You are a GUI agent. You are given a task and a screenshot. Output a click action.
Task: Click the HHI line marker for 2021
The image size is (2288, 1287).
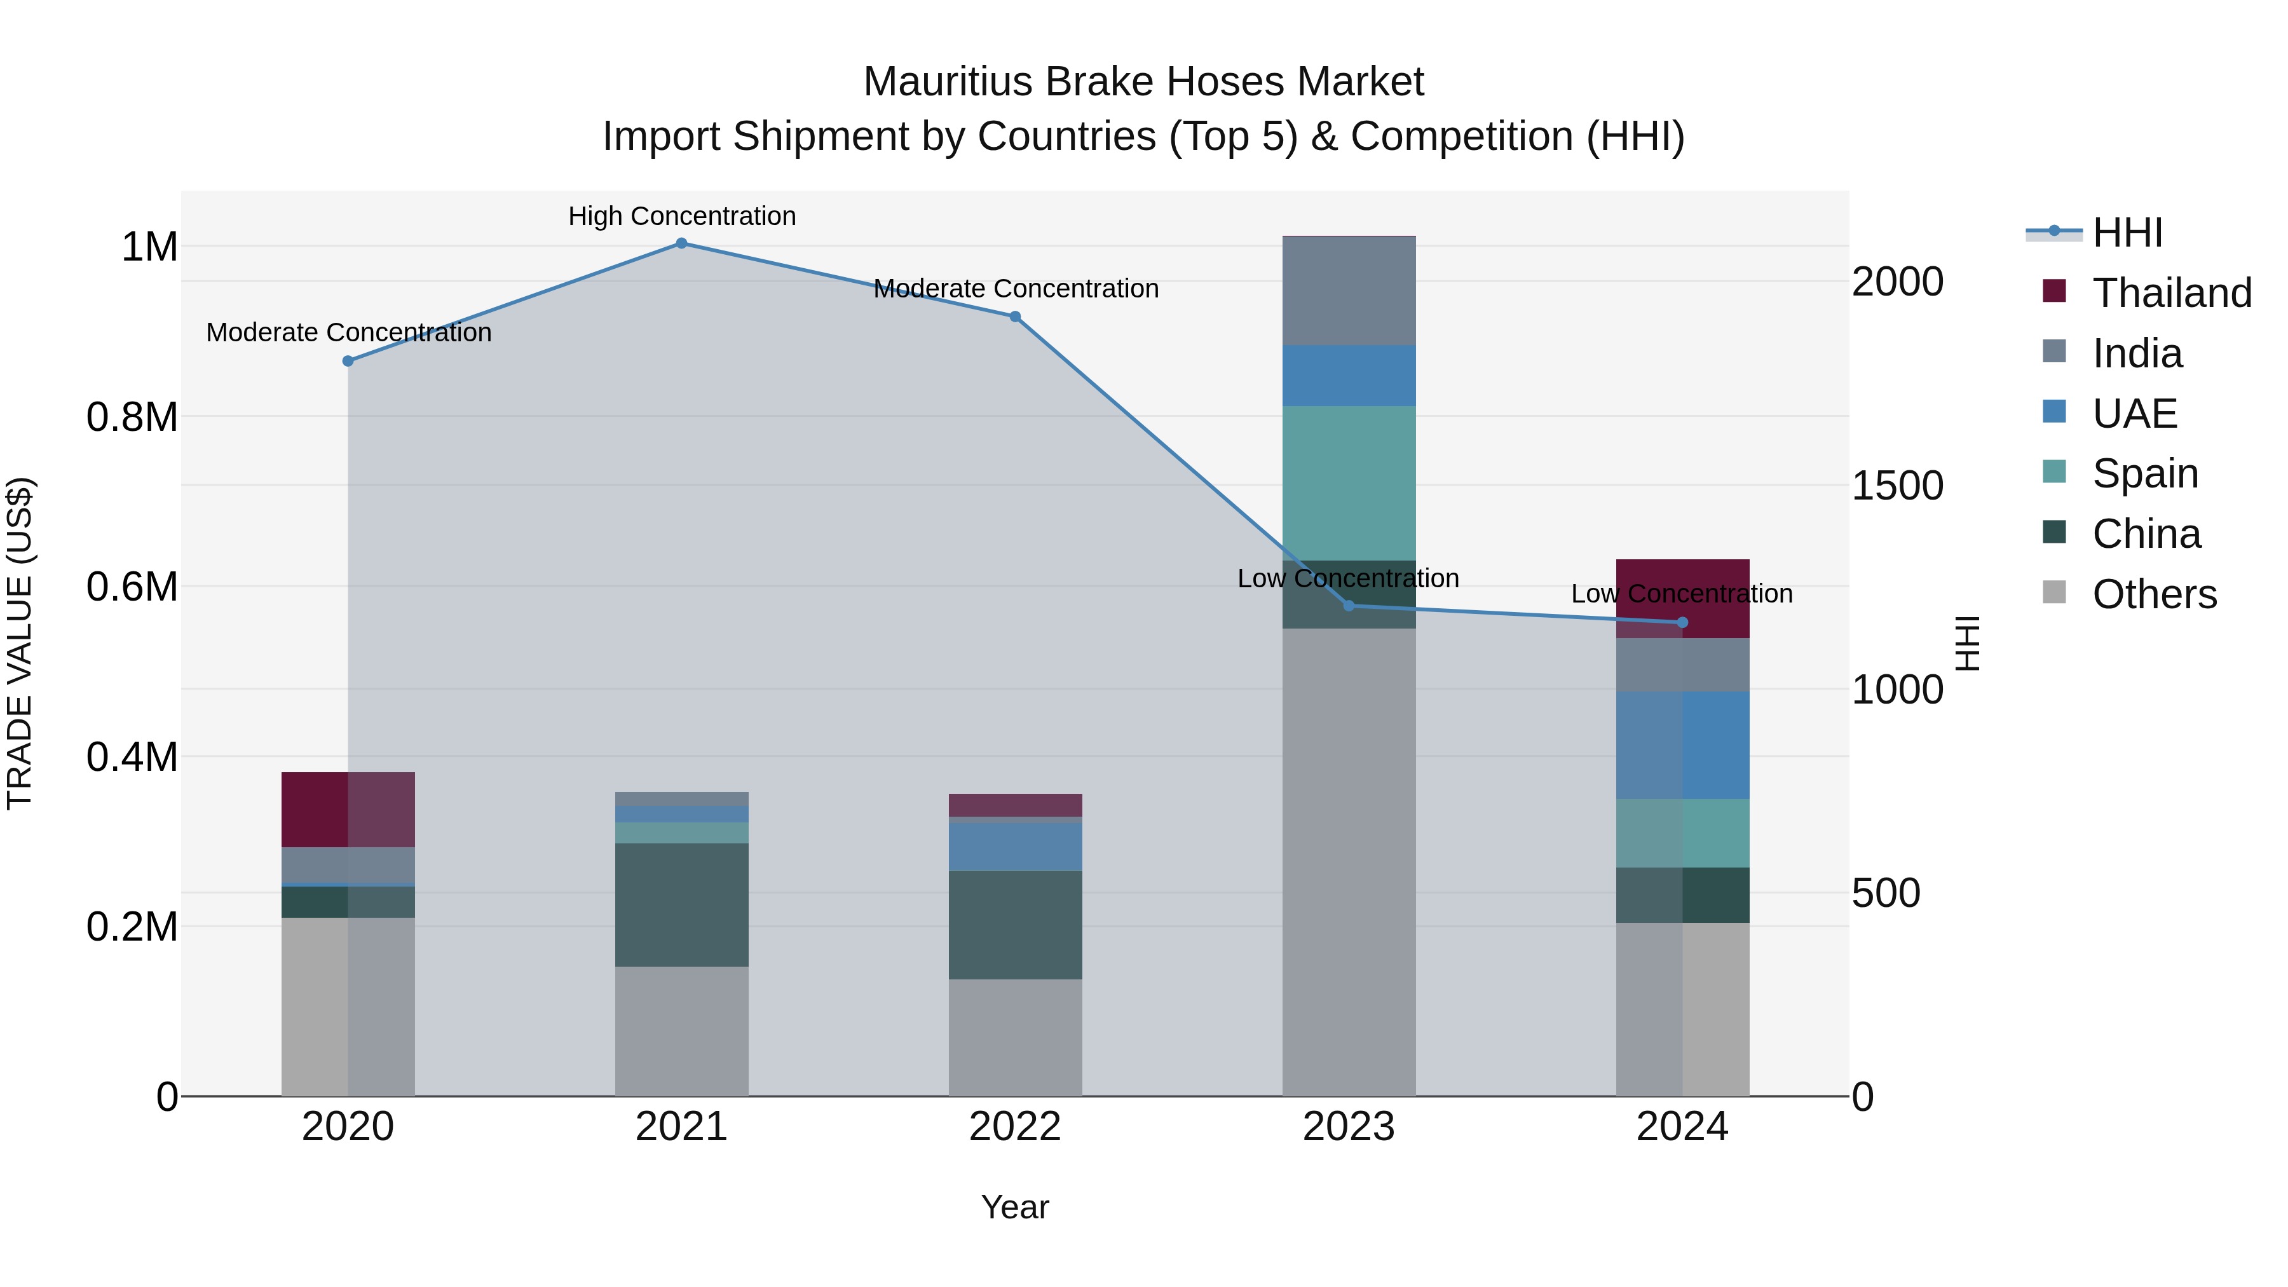coord(681,243)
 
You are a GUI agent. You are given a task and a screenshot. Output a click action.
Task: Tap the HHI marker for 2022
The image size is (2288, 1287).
coord(1015,317)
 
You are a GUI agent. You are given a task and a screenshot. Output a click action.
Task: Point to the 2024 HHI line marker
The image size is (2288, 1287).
coord(1682,623)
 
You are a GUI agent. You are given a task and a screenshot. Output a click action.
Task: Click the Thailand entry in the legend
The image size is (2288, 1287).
coord(2172,293)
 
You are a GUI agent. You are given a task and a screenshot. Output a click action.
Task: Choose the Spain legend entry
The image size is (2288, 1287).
coord(2145,473)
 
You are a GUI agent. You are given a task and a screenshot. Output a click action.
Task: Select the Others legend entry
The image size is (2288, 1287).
coord(2154,594)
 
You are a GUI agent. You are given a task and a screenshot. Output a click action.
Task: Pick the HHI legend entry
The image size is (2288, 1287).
coord(2127,233)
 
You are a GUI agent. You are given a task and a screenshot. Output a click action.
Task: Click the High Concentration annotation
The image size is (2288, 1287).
coord(682,216)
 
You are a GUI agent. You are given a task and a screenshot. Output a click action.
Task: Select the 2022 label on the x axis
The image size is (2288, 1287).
coord(1015,1127)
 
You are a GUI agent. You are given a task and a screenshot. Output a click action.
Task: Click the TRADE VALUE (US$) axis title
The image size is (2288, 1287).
coord(20,643)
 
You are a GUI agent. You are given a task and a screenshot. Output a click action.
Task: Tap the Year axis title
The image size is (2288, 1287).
coord(1015,1207)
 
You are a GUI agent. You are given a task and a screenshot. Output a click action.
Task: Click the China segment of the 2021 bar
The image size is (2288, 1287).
coord(681,904)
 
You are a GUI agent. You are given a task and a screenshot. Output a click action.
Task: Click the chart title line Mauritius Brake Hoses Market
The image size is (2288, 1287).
coord(1143,82)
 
